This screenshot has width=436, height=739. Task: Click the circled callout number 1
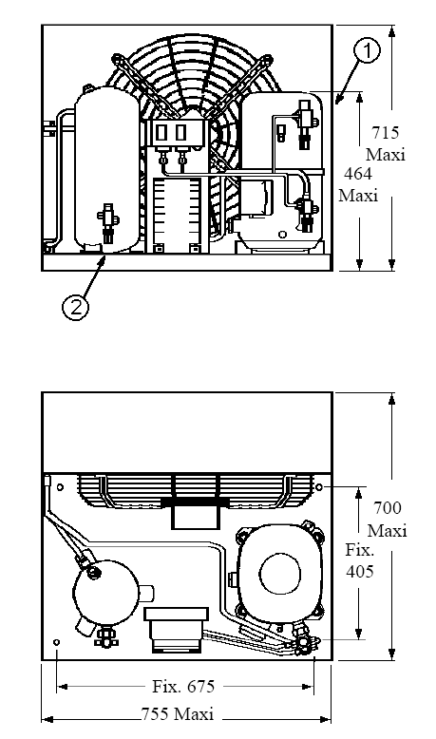pos(368,50)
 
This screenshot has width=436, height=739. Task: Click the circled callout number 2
pos(75,307)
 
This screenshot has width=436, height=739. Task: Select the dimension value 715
pos(386,132)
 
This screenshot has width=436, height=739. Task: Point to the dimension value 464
pos(358,174)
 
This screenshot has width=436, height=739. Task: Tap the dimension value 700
pos(388,508)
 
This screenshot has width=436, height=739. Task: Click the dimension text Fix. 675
pos(183,686)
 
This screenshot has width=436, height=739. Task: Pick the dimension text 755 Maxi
pos(178,713)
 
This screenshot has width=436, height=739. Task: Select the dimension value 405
pos(360,571)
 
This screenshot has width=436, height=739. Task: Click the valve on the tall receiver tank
pos(108,223)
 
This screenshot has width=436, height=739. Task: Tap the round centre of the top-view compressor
pos(280,574)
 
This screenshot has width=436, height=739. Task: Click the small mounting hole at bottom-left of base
pos(57,642)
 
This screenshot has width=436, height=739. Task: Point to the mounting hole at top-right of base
pos(318,486)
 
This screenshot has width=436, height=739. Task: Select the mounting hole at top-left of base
pos(60,487)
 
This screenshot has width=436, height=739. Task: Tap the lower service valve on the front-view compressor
pos(306,215)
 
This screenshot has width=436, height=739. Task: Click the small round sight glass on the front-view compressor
pos(282,235)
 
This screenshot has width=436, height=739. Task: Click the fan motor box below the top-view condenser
pos(195,518)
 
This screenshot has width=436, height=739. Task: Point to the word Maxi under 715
pos(386,155)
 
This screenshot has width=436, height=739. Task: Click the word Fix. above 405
pos(360,550)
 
